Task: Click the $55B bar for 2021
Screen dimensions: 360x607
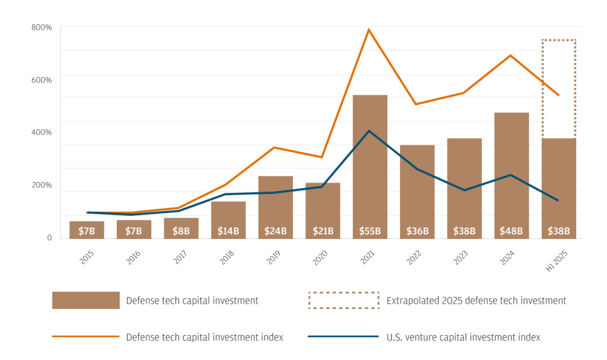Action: pyautogui.click(x=369, y=166)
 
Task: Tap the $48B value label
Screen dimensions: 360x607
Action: pyautogui.click(x=511, y=231)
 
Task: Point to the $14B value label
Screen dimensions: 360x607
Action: pyautogui.click(x=228, y=231)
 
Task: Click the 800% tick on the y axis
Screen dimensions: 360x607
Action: pyautogui.click(x=42, y=27)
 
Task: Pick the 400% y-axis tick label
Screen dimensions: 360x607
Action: pyautogui.click(x=42, y=132)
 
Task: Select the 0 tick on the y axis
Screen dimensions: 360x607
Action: pyautogui.click(x=49, y=238)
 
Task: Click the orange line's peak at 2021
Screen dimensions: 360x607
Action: pyautogui.click(x=369, y=30)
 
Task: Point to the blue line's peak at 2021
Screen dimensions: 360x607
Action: pyautogui.click(x=369, y=131)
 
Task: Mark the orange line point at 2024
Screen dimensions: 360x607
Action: pyautogui.click(x=510, y=55)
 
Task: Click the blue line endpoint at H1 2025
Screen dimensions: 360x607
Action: pyautogui.click(x=558, y=200)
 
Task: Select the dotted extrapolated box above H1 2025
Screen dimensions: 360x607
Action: pyautogui.click(x=558, y=89)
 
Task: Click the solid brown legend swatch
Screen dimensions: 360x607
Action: pyautogui.click(x=87, y=301)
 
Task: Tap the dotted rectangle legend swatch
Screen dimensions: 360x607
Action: pyautogui.click(x=343, y=301)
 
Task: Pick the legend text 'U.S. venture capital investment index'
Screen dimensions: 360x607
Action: pyautogui.click(x=463, y=337)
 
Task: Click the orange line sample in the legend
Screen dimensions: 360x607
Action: pyautogui.click(x=87, y=337)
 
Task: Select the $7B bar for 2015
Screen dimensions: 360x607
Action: pyautogui.click(x=87, y=230)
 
